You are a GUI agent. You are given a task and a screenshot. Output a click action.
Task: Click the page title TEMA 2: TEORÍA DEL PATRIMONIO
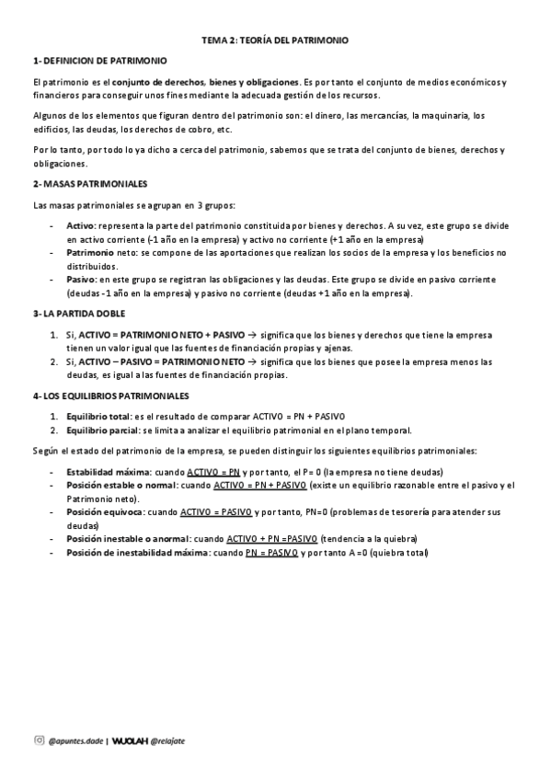276,41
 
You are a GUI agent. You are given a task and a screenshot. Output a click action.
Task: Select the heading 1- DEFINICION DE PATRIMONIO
99,61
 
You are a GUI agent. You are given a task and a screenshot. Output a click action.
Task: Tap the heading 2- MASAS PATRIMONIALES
89,184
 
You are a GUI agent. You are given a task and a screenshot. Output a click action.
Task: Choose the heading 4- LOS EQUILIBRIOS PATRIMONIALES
110,396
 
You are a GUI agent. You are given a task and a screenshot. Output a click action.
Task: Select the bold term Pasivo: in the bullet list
81,279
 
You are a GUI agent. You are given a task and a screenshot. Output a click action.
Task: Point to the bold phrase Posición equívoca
103,510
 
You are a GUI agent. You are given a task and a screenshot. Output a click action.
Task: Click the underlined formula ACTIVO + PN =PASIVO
271,538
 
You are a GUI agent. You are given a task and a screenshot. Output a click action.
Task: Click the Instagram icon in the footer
39,740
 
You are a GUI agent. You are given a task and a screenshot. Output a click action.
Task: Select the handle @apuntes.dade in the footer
75,740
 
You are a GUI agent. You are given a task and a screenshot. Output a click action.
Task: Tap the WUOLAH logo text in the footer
130,740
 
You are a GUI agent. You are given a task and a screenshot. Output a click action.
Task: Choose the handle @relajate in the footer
170,740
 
